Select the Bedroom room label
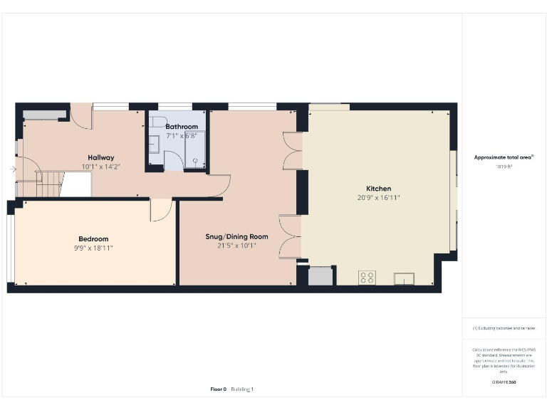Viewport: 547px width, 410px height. click(93, 238)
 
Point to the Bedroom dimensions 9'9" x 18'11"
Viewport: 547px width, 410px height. click(93, 248)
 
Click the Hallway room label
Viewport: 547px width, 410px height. click(100, 157)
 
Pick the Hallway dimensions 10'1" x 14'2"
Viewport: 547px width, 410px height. click(100, 167)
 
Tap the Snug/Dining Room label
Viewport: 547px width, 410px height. click(236, 236)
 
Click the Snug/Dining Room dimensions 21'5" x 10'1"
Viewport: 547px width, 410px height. click(236, 246)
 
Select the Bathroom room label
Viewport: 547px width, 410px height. click(182, 126)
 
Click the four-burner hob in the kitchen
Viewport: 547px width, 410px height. click(368, 278)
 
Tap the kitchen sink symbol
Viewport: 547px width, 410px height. click(404, 278)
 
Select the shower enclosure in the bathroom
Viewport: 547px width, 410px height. click(194, 149)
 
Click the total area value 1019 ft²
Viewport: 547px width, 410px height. click(504, 167)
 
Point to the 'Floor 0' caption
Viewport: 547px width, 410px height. click(218, 389)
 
